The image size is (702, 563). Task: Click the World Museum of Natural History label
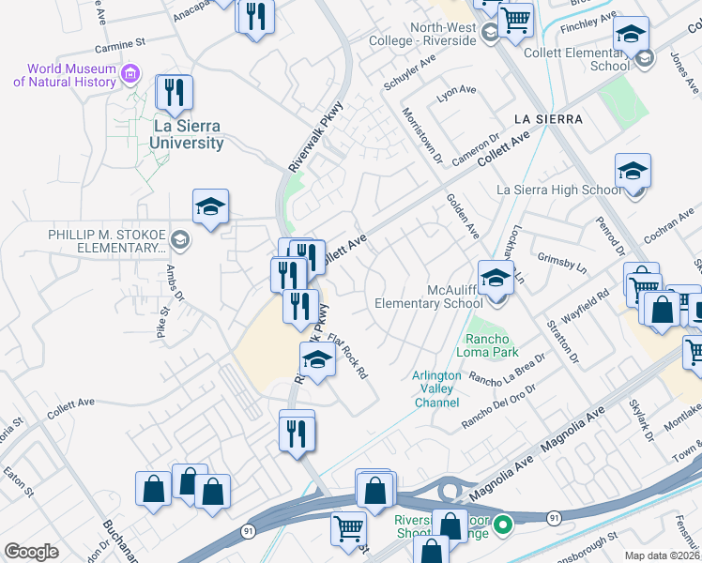tap(64, 75)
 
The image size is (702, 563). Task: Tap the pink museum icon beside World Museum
tap(130, 73)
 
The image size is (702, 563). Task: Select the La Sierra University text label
tap(188, 134)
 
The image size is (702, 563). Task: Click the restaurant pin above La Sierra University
tap(174, 94)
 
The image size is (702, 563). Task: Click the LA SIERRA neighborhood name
tap(548, 119)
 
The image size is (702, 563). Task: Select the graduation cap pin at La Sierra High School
tap(633, 173)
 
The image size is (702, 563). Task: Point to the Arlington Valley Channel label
tap(436, 388)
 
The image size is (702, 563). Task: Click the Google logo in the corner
tap(31, 551)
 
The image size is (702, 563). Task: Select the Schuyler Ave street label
tap(410, 72)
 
